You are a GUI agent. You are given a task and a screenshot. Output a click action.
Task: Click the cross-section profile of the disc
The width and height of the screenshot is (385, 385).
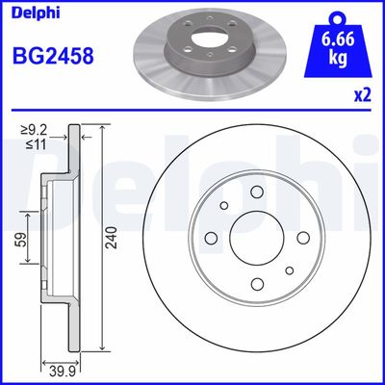click(76, 241)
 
